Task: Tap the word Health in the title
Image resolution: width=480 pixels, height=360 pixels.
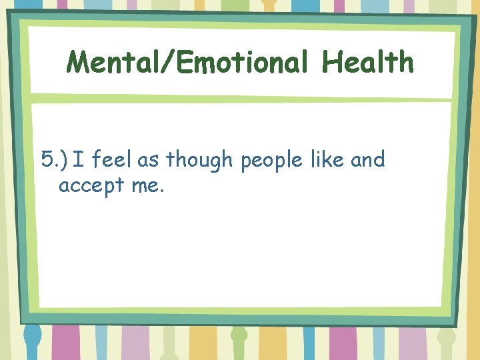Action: (x=368, y=63)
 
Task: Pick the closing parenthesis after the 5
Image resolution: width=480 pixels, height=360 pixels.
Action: (x=65, y=160)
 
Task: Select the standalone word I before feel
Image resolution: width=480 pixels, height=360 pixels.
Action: (x=78, y=160)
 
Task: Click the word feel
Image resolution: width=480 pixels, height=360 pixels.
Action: (x=113, y=160)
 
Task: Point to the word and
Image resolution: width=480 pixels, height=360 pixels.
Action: (x=368, y=160)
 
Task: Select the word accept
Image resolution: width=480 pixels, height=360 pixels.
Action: (x=92, y=186)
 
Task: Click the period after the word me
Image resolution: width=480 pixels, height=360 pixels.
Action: (x=161, y=191)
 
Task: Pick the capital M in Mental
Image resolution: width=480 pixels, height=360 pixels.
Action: (x=79, y=63)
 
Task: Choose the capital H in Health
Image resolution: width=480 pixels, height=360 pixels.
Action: (x=331, y=63)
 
